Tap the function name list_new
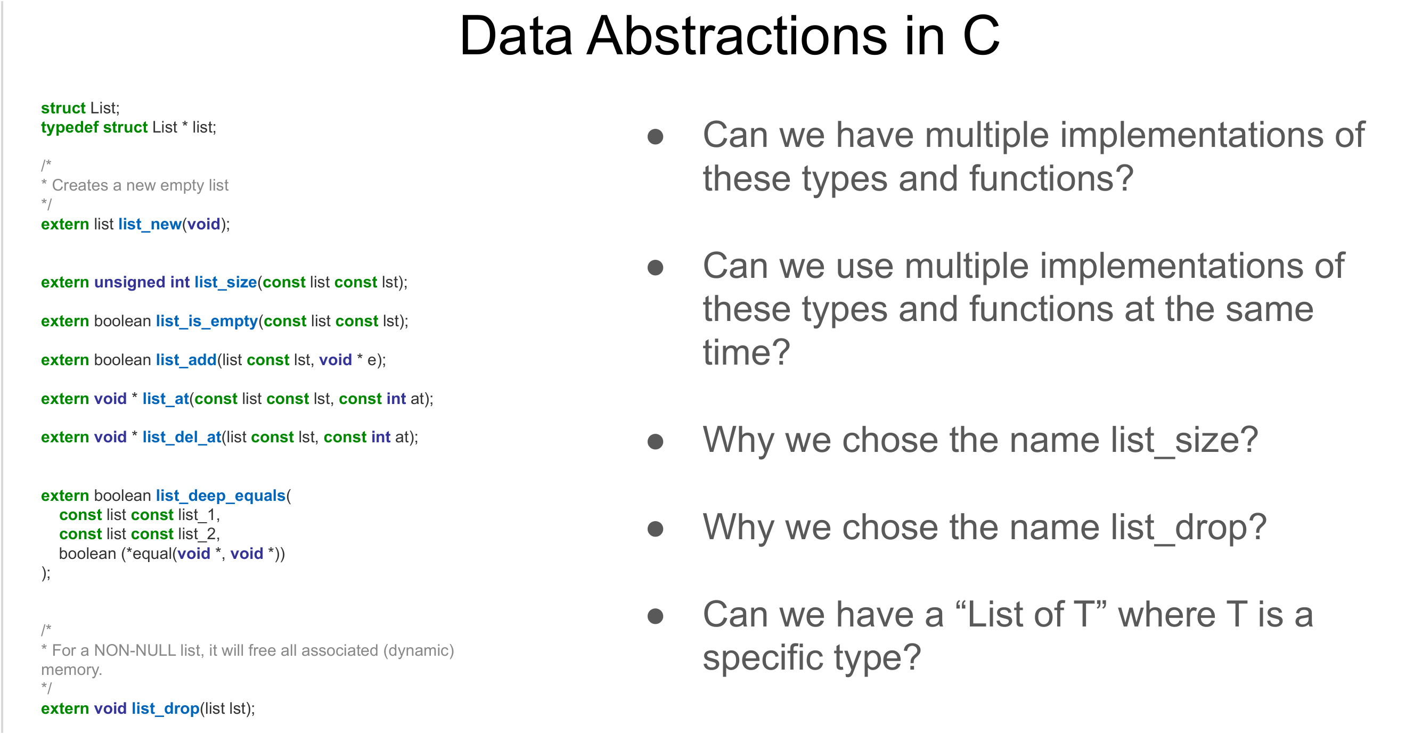coord(150,225)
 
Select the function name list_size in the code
coord(225,283)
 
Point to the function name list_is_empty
coord(207,321)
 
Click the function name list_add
coord(186,360)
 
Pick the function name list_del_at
coord(182,438)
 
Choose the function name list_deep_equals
coord(220,496)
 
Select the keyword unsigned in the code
coord(130,283)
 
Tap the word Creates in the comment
coord(80,185)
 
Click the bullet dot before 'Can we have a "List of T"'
coord(655,616)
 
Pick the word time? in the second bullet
coord(746,353)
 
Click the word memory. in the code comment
coord(72,670)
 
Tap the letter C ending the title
coord(981,36)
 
